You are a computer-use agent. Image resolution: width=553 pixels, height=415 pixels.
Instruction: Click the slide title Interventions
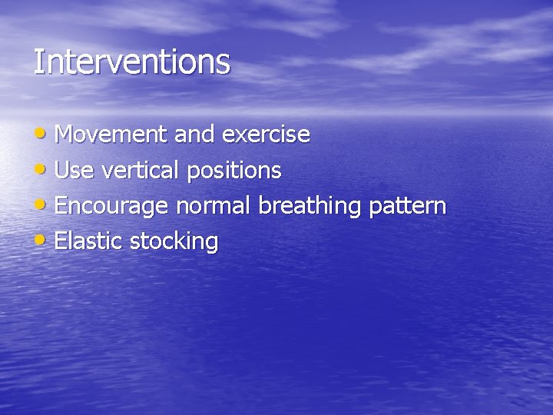pyautogui.click(x=131, y=62)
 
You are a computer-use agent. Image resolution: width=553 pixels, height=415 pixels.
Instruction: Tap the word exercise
pyautogui.click(x=266, y=135)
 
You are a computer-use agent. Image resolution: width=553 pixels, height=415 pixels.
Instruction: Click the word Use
pyautogui.click(x=72, y=171)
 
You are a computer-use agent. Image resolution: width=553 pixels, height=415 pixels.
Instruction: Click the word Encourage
pyautogui.click(x=112, y=207)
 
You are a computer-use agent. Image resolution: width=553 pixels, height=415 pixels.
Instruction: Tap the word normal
pyautogui.click(x=214, y=206)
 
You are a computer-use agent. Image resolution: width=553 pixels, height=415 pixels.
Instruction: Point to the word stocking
pyautogui.click(x=174, y=242)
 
